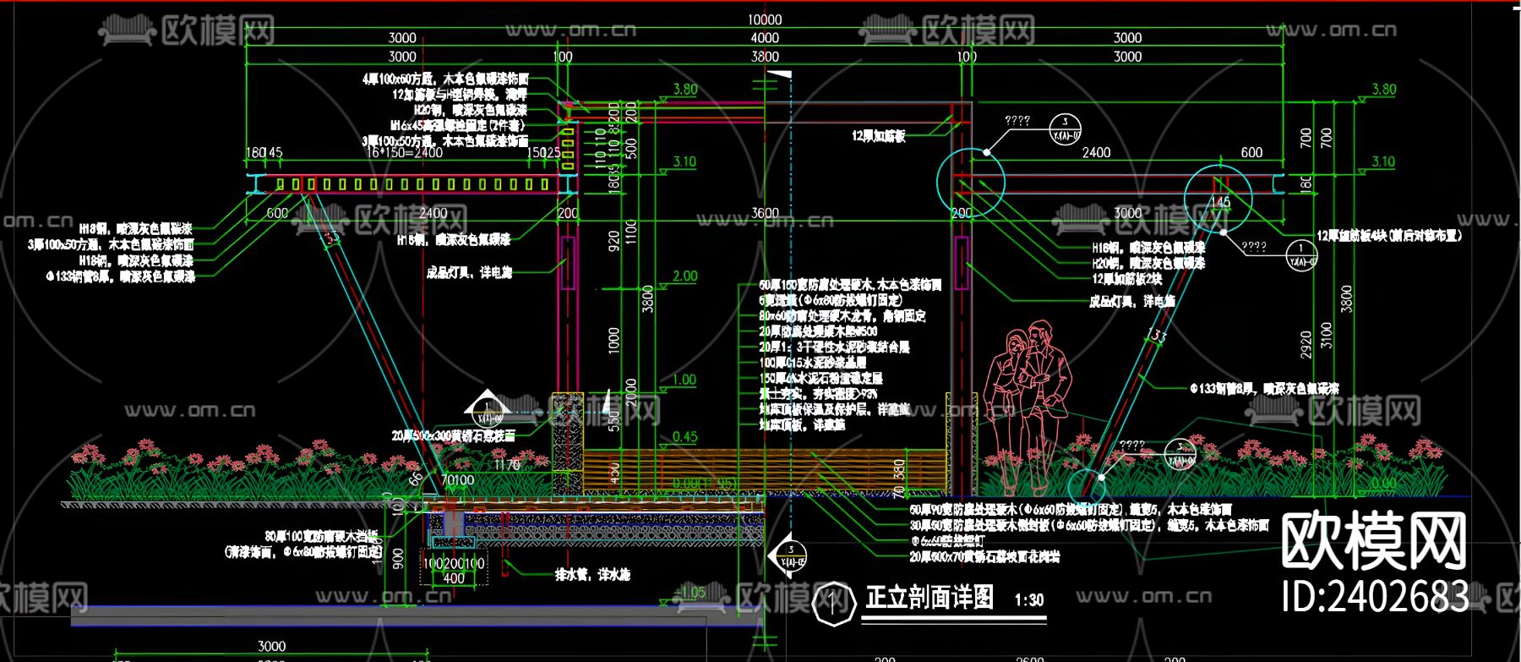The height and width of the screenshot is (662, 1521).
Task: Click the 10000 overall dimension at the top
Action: (765, 19)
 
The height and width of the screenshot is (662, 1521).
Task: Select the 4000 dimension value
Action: (765, 38)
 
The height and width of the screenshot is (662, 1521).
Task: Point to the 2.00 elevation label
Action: (684, 276)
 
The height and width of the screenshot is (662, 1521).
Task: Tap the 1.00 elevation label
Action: (684, 380)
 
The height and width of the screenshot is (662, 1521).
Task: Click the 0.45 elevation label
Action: (684, 437)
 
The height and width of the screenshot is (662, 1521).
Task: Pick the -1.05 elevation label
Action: (691, 592)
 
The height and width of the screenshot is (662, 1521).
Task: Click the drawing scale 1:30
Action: (1029, 600)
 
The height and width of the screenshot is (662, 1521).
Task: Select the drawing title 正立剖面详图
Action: (929, 598)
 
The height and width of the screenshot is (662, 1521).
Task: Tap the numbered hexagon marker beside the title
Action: (833, 603)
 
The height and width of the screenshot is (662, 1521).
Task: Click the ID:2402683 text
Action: (1375, 596)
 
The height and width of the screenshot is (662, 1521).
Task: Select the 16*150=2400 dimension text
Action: (404, 153)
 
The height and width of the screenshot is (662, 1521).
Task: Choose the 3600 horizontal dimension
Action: (765, 213)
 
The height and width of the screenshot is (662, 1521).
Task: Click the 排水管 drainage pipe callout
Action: (592, 575)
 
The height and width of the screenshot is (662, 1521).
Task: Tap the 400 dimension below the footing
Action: (454, 579)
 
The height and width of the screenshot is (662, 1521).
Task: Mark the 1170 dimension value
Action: (506, 465)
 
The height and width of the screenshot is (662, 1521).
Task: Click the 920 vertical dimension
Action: (614, 241)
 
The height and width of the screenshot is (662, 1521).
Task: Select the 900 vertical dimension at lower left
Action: (399, 558)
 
